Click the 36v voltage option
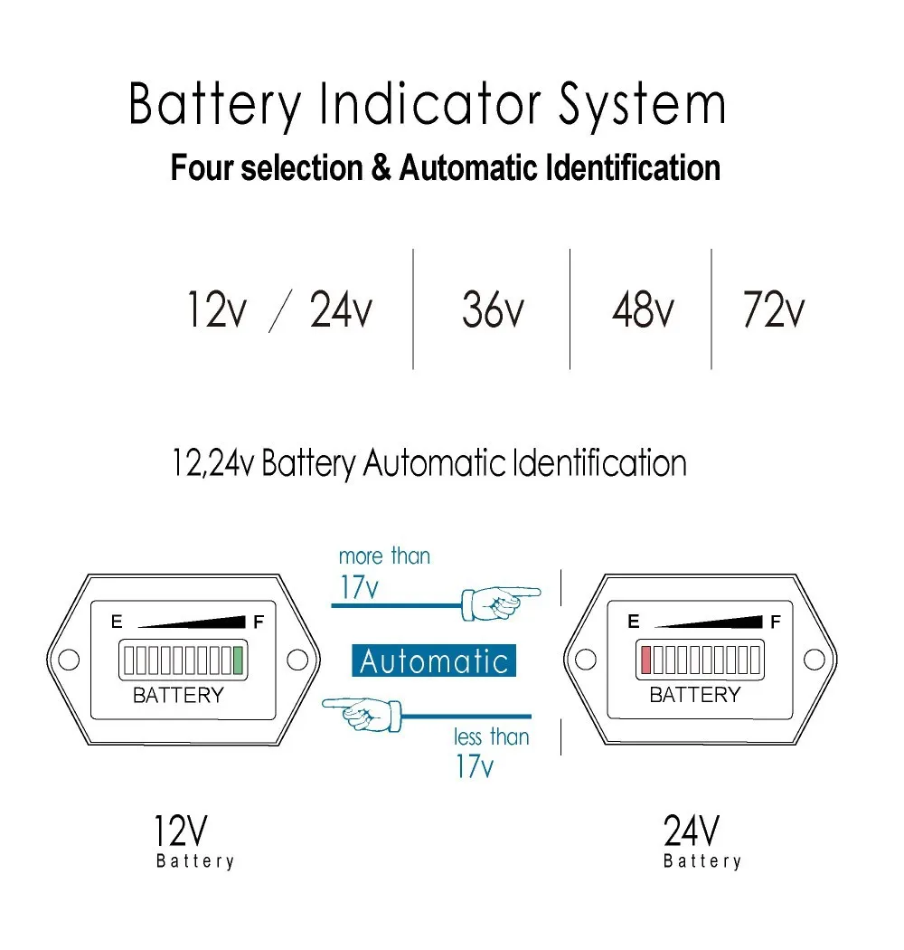click(x=493, y=309)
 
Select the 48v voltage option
click(x=643, y=309)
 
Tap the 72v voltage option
click(x=773, y=309)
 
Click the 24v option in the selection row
click(x=341, y=309)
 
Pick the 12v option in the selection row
click(x=216, y=309)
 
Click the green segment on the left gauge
click(x=239, y=660)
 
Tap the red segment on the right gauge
click(x=645, y=660)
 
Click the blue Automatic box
click(x=434, y=661)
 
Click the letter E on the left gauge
click(x=116, y=622)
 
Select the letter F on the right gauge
click(x=775, y=622)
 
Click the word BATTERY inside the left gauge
click(x=178, y=695)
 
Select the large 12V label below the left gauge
click(x=181, y=830)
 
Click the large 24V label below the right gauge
click(x=692, y=830)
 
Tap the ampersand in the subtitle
click(x=380, y=168)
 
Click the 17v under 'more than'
click(x=359, y=587)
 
